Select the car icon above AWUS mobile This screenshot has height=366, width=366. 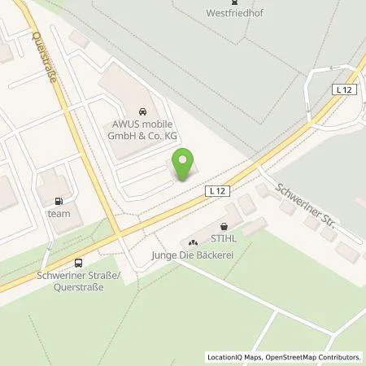coord(142,111)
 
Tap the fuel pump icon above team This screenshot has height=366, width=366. coord(59,201)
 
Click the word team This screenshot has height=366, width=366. coord(59,213)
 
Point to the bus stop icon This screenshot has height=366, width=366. coord(78,262)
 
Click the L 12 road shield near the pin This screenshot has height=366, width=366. coord(214,190)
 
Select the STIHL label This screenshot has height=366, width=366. coord(224,240)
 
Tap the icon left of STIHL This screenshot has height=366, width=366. coord(193,241)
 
